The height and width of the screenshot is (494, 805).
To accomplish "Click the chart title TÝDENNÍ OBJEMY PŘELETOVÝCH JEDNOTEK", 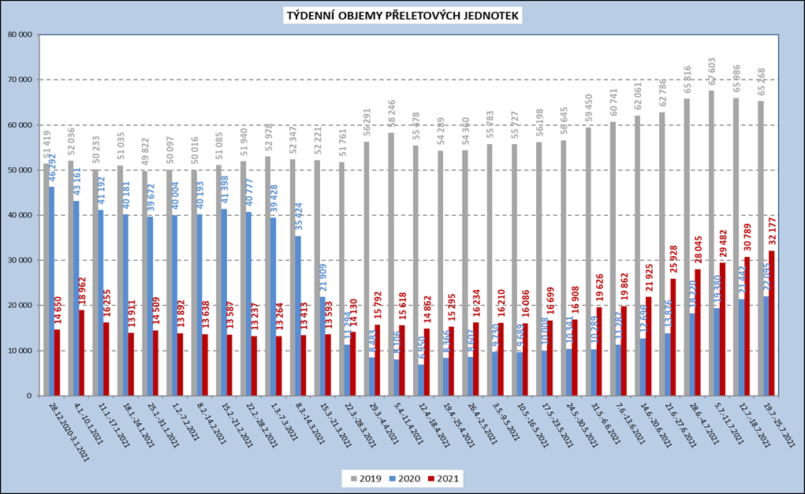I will (403, 16).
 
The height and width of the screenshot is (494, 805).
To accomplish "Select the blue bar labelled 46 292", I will (52, 292).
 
